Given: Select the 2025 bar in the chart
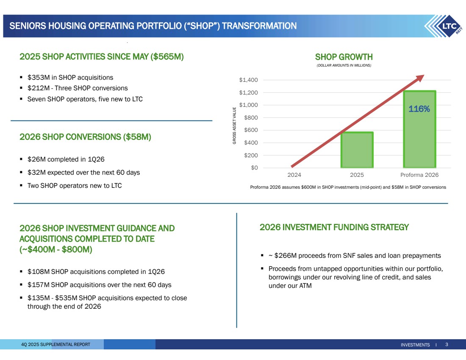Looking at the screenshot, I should click(357, 150).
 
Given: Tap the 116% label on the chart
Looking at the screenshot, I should click(419, 109).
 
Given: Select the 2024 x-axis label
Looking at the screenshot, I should click(295, 175).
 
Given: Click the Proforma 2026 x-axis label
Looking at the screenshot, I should click(419, 175).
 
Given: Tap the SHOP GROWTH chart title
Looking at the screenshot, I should click(344, 57).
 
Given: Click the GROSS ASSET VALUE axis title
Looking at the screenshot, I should click(234, 126).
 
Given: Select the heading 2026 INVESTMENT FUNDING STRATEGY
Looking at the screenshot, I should click(334, 227).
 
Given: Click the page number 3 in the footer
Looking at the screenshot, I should click(447, 345).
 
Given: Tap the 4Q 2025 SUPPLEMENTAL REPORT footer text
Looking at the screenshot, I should click(55, 345).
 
